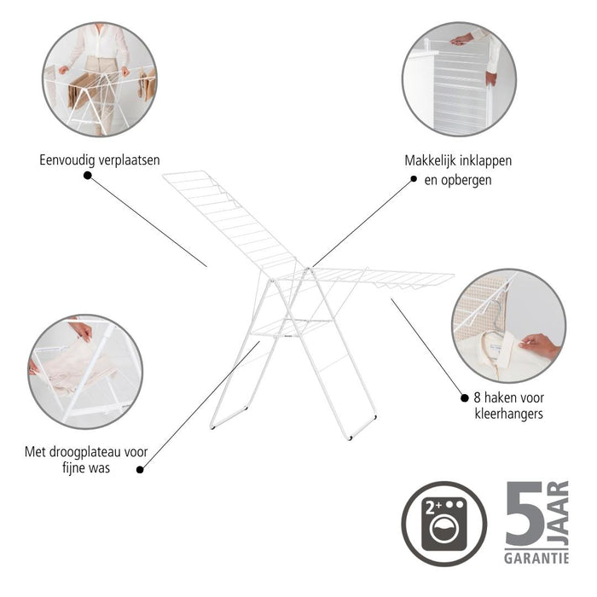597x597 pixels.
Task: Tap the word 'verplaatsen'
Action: [129, 159]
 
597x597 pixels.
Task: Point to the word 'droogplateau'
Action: [90, 450]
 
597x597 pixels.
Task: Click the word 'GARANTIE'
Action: [536, 558]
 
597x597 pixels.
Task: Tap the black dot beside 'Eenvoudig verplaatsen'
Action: [87, 176]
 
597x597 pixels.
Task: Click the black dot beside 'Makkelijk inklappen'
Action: [414, 179]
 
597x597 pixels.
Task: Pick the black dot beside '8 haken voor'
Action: [464, 397]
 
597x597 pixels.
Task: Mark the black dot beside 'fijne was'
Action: [140, 468]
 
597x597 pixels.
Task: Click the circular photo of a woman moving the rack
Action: [101, 79]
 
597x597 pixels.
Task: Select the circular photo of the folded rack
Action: [459, 78]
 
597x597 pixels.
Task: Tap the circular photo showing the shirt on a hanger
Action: [508, 326]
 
